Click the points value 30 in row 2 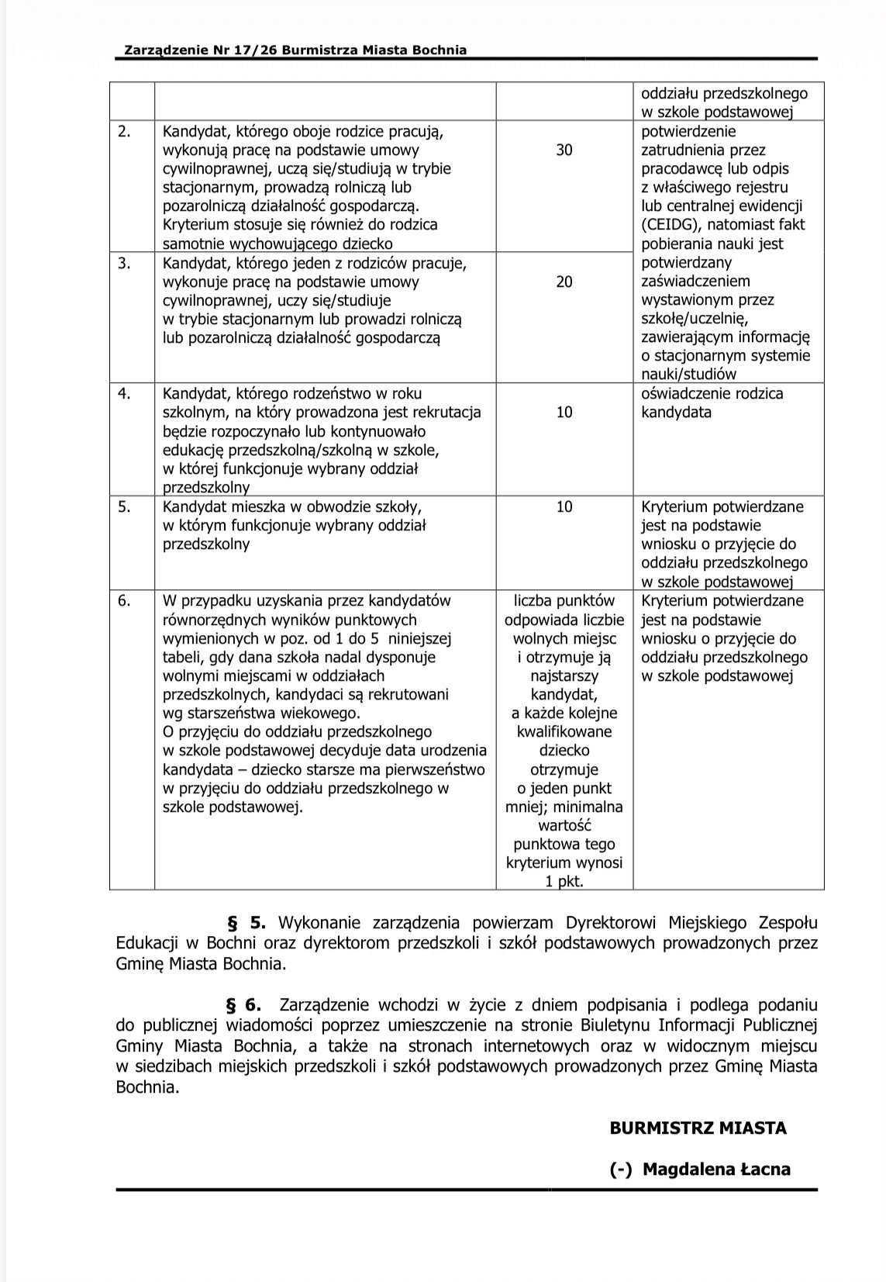tap(564, 150)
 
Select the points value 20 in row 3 tap(564, 282)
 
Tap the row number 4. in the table tap(124, 393)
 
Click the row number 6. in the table tap(124, 600)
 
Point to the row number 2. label tap(124, 131)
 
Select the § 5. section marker tap(246, 923)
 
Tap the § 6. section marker tap(243, 1005)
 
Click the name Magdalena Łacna tap(716, 1169)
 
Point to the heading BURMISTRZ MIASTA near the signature tap(698, 1128)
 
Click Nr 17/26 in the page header tap(240, 50)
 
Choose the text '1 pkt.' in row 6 tap(564, 882)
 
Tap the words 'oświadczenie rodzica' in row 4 tap(712, 393)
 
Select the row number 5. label tap(124, 506)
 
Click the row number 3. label tap(124, 263)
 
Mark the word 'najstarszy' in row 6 tap(564, 676)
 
